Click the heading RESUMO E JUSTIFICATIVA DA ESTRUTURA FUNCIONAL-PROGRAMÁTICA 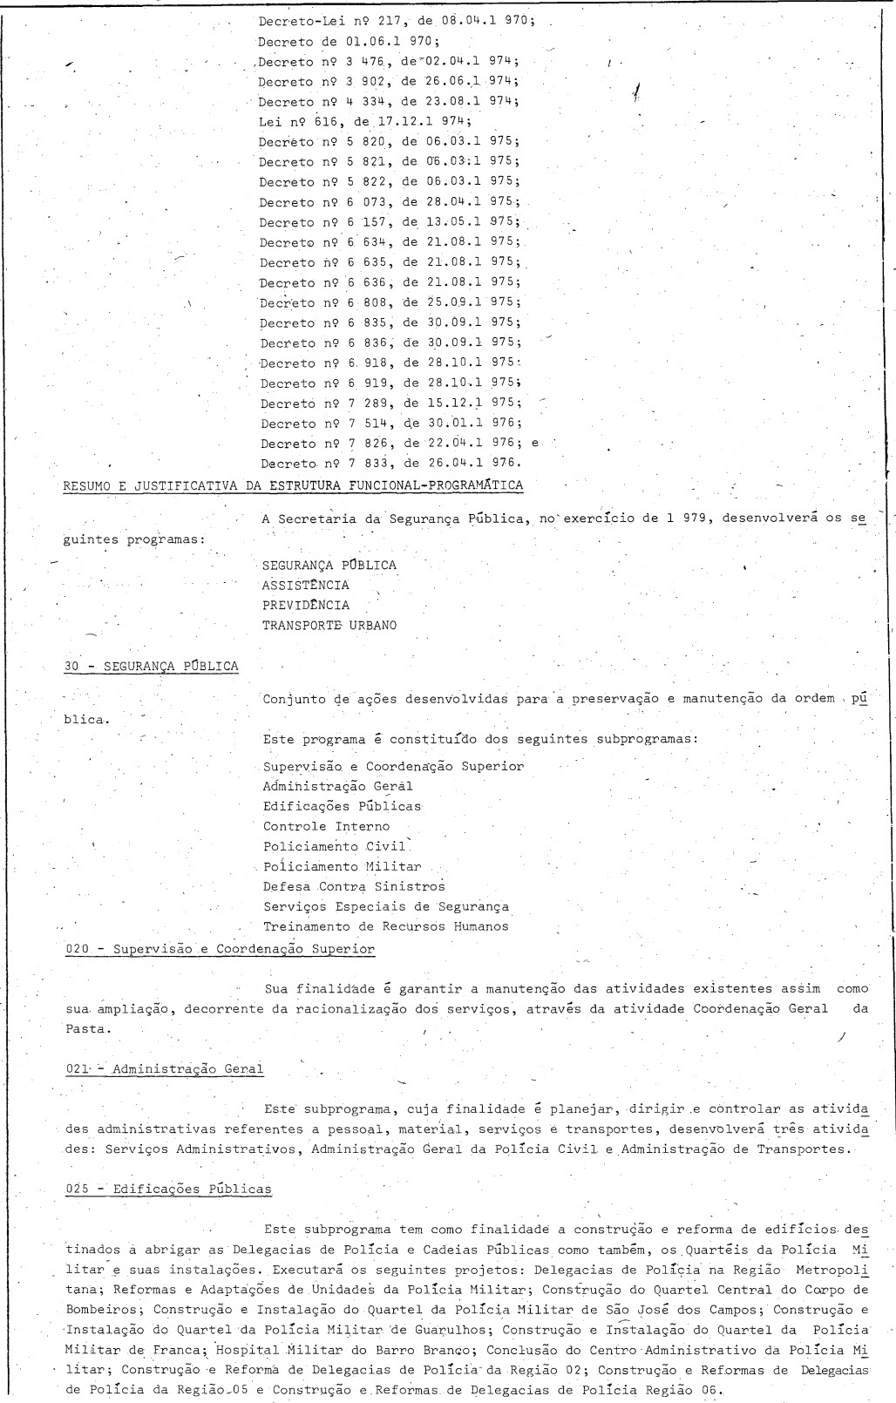pyautogui.click(x=294, y=485)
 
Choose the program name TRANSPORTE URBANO pyautogui.click(x=329, y=625)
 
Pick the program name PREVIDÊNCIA pyautogui.click(x=306, y=605)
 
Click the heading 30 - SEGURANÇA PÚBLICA pyautogui.click(x=152, y=667)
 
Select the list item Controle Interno pyautogui.click(x=327, y=826)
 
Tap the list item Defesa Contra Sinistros pyautogui.click(x=354, y=886)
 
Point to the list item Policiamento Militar pyautogui.click(x=343, y=866)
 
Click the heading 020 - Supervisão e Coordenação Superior pyautogui.click(x=221, y=949)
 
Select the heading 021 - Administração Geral pyautogui.click(x=165, y=1068)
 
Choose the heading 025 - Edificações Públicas pyautogui.click(x=168, y=1189)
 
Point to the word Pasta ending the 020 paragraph pyautogui.click(x=88, y=1028)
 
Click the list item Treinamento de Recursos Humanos pyautogui.click(x=386, y=926)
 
